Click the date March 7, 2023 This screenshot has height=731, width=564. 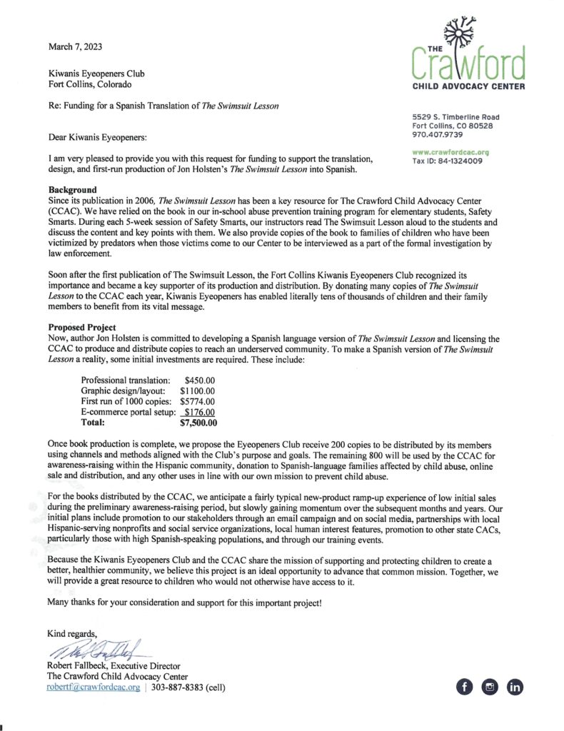[75, 47]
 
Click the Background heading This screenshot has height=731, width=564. [72, 190]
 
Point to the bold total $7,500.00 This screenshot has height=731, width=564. [198, 423]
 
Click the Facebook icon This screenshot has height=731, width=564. [465, 687]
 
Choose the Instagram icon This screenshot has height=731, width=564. [490, 687]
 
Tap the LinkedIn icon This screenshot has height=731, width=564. [515, 687]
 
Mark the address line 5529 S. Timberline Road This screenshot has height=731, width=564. [455, 117]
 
